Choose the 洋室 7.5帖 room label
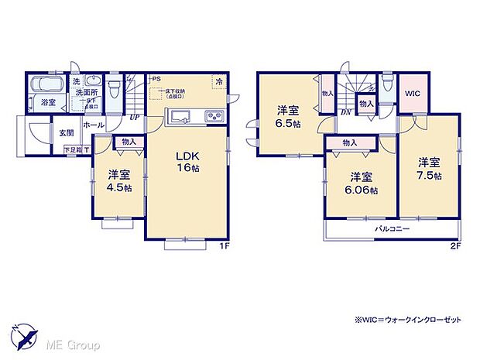(x=430, y=169)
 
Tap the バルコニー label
(x=393, y=230)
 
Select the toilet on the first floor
(x=115, y=88)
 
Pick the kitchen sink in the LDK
(x=180, y=118)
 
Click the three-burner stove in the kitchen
(x=213, y=118)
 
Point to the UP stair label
(x=135, y=118)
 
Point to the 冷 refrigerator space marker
(x=220, y=81)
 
